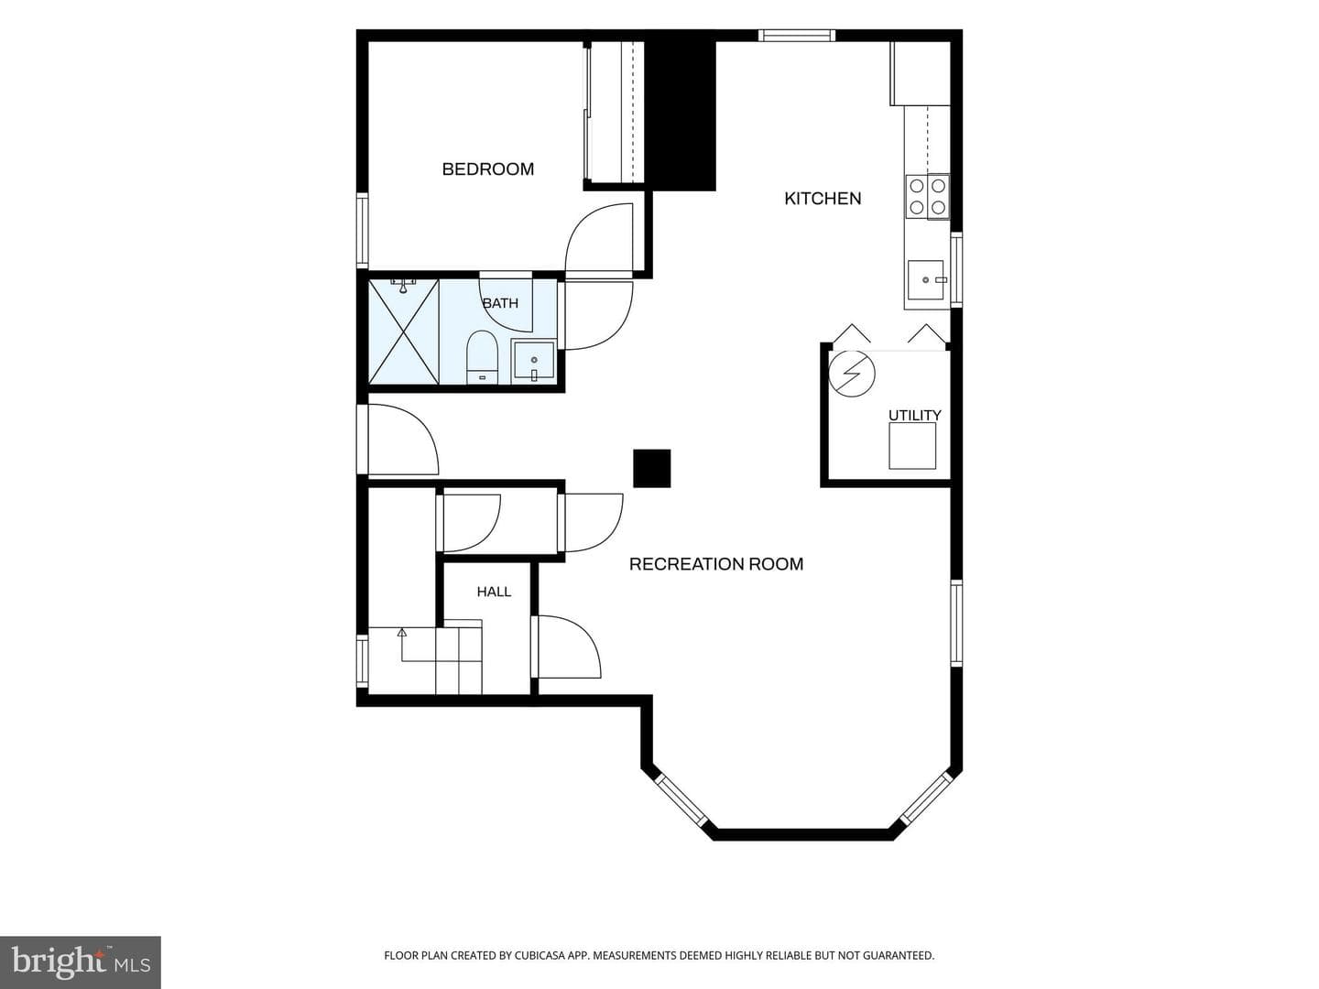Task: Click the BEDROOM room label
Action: click(x=487, y=169)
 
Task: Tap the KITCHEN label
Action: click(x=822, y=199)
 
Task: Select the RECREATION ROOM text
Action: click(x=715, y=564)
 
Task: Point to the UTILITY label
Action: click(x=914, y=415)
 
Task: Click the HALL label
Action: click(x=494, y=592)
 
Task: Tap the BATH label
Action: click(x=500, y=303)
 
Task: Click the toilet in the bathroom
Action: click(x=483, y=357)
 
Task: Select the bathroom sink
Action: click(x=534, y=361)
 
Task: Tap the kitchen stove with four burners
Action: click(x=927, y=196)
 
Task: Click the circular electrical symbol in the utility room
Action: click(x=852, y=374)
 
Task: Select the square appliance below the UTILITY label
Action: click(x=912, y=446)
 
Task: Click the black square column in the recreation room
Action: click(x=652, y=468)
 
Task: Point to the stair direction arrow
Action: click(x=402, y=645)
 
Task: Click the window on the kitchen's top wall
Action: click(x=796, y=36)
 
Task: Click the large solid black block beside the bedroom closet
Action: click(x=680, y=111)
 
